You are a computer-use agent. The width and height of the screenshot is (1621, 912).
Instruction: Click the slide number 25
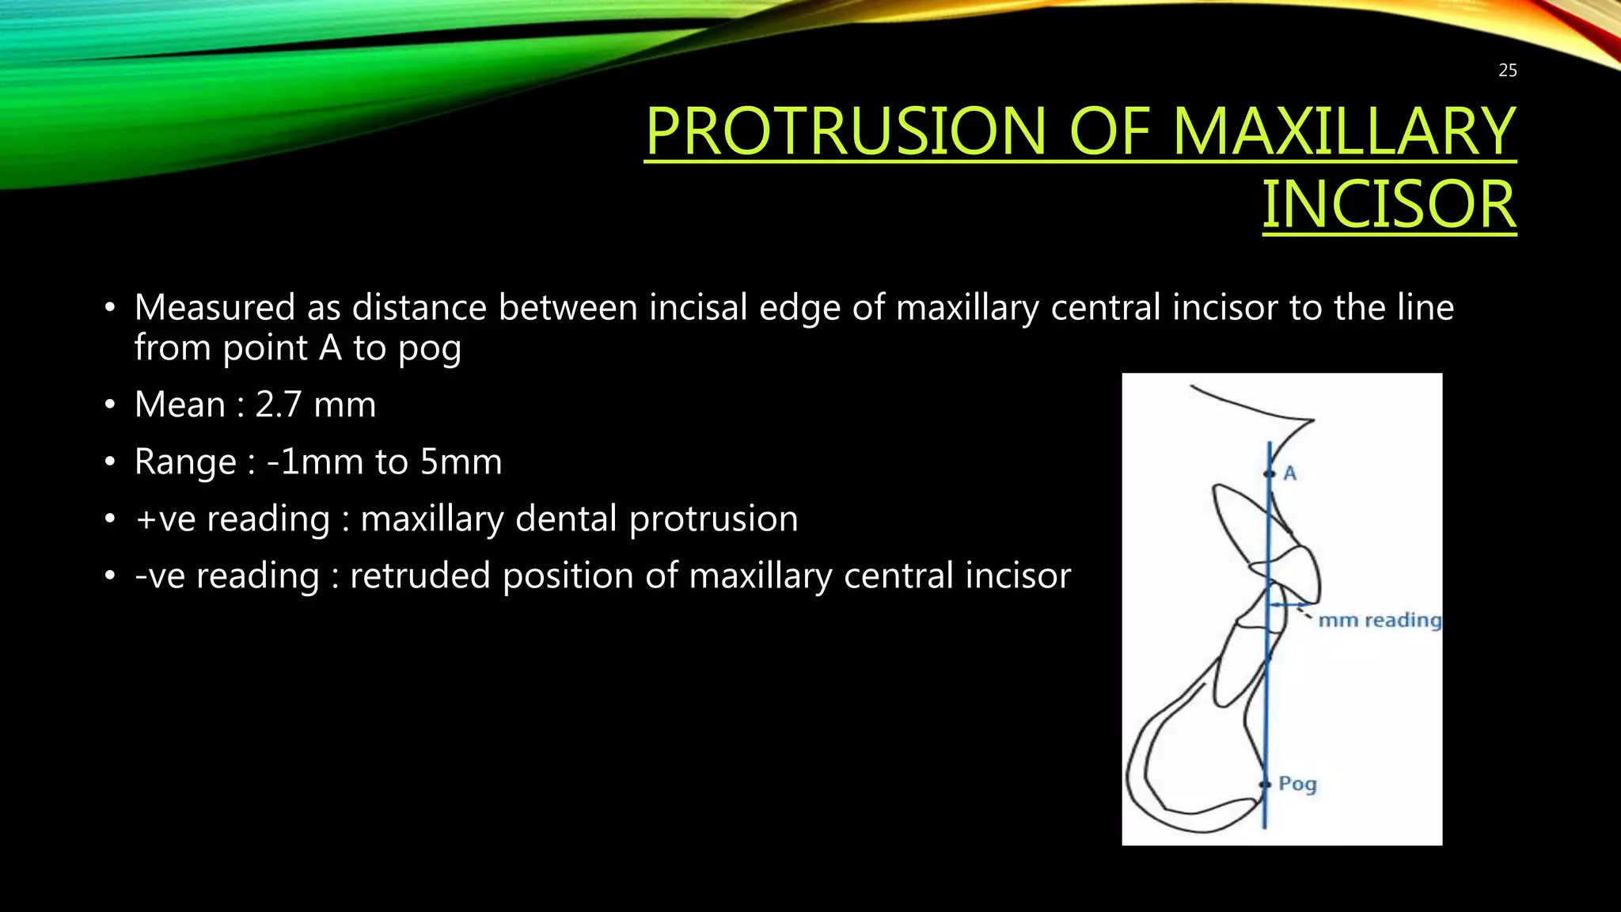coord(1507,70)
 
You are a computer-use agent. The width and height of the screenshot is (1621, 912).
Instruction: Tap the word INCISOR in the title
coord(1388,204)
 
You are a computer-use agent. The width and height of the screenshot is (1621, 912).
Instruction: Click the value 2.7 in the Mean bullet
coord(278,405)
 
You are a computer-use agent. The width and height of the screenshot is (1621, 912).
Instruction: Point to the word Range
coord(185,462)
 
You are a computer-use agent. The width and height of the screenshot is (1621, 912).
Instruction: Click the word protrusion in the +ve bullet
coord(713,519)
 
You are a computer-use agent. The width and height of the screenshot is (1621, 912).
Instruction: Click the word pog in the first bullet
coord(429,348)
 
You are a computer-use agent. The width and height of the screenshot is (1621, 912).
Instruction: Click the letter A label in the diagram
coord(1289,473)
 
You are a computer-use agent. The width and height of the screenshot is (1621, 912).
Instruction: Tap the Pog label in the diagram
coord(1297,784)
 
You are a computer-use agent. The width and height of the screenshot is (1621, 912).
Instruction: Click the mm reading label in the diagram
coord(1379,620)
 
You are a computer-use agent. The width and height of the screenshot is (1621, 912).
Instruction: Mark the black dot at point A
coord(1269,473)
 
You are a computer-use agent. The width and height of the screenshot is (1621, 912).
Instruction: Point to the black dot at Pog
coord(1264,785)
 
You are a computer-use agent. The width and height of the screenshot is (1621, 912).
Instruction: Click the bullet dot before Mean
coord(110,405)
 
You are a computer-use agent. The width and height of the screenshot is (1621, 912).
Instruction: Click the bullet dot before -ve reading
coord(110,576)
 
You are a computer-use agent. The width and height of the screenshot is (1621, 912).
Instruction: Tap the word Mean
coord(180,405)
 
